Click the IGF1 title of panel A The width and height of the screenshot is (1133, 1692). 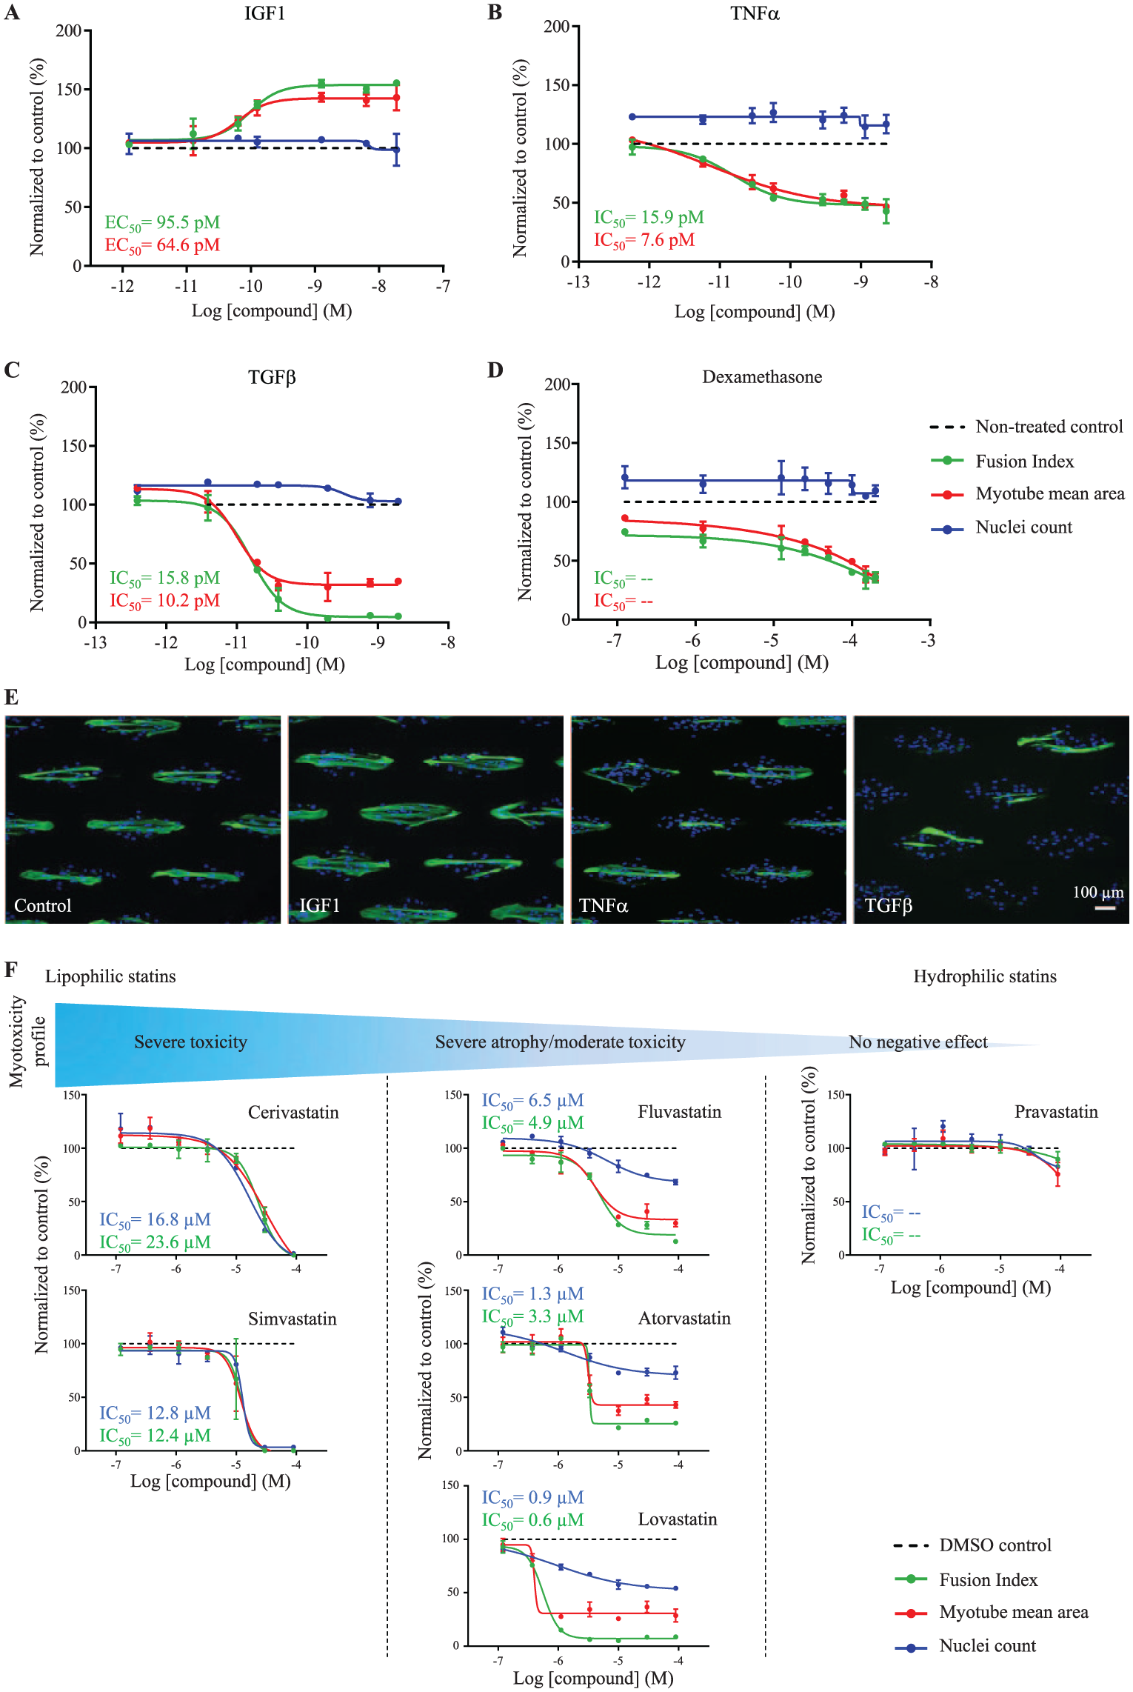(264, 13)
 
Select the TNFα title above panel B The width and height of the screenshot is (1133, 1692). (755, 13)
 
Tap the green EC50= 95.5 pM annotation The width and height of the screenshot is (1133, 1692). (162, 223)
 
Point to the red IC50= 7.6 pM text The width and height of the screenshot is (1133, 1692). (644, 240)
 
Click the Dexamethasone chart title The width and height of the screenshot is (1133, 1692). (762, 376)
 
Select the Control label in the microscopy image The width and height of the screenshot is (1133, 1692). (43, 905)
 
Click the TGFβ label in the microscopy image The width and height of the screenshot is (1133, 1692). (888, 905)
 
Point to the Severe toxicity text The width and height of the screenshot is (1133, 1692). (190, 1042)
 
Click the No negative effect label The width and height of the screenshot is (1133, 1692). (918, 1042)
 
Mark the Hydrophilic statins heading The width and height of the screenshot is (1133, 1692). (985, 976)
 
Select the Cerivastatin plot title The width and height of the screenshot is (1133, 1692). (293, 1112)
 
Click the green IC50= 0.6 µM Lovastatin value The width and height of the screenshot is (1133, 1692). (532, 1520)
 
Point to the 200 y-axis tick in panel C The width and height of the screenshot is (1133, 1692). (74, 387)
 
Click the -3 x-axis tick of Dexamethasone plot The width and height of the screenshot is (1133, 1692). (927, 640)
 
